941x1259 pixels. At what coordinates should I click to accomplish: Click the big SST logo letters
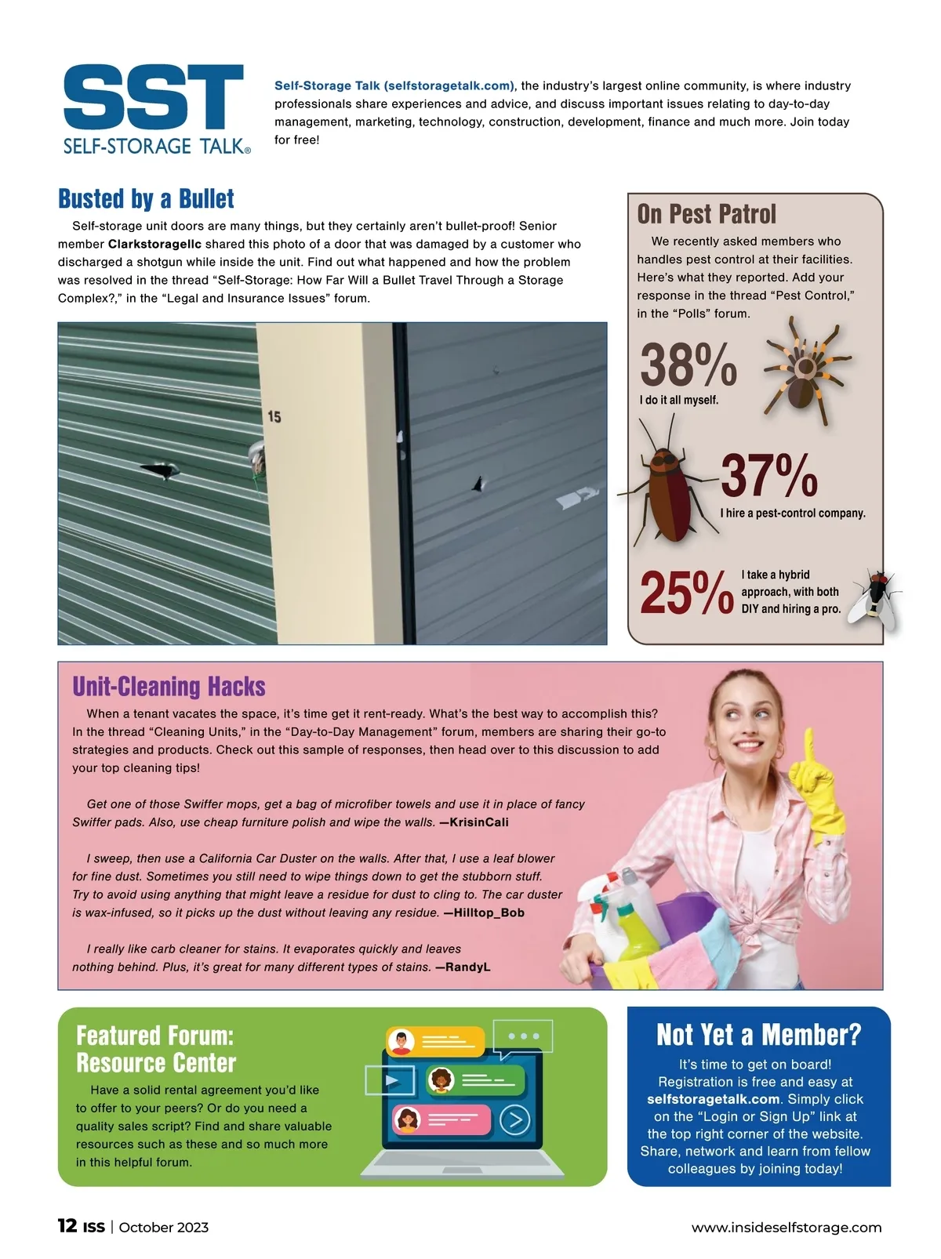pyautogui.click(x=154, y=97)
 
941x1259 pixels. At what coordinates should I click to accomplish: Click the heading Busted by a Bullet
pyautogui.click(x=146, y=199)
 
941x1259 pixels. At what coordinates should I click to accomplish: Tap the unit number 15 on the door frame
pyautogui.click(x=274, y=416)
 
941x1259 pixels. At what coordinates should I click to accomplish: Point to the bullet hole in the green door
pyautogui.click(x=162, y=471)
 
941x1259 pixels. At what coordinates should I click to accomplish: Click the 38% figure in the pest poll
pyautogui.click(x=688, y=365)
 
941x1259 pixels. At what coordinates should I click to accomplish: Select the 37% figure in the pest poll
pyautogui.click(x=768, y=476)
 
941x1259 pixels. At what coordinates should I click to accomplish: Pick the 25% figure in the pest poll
pyautogui.click(x=687, y=593)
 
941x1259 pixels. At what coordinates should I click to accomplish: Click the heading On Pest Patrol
pyautogui.click(x=707, y=214)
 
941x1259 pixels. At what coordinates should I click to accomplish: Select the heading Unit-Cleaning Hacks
pyautogui.click(x=169, y=687)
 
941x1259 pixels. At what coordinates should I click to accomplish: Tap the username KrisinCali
pyautogui.click(x=479, y=822)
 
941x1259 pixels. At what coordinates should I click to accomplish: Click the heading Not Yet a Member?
pyautogui.click(x=758, y=1035)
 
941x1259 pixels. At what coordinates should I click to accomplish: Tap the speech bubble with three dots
pyautogui.click(x=523, y=1036)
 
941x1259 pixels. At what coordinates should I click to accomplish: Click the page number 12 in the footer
pyautogui.click(x=67, y=1226)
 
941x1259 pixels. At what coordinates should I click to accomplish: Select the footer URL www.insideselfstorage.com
pyautogui.click(x=786, y=1228)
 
